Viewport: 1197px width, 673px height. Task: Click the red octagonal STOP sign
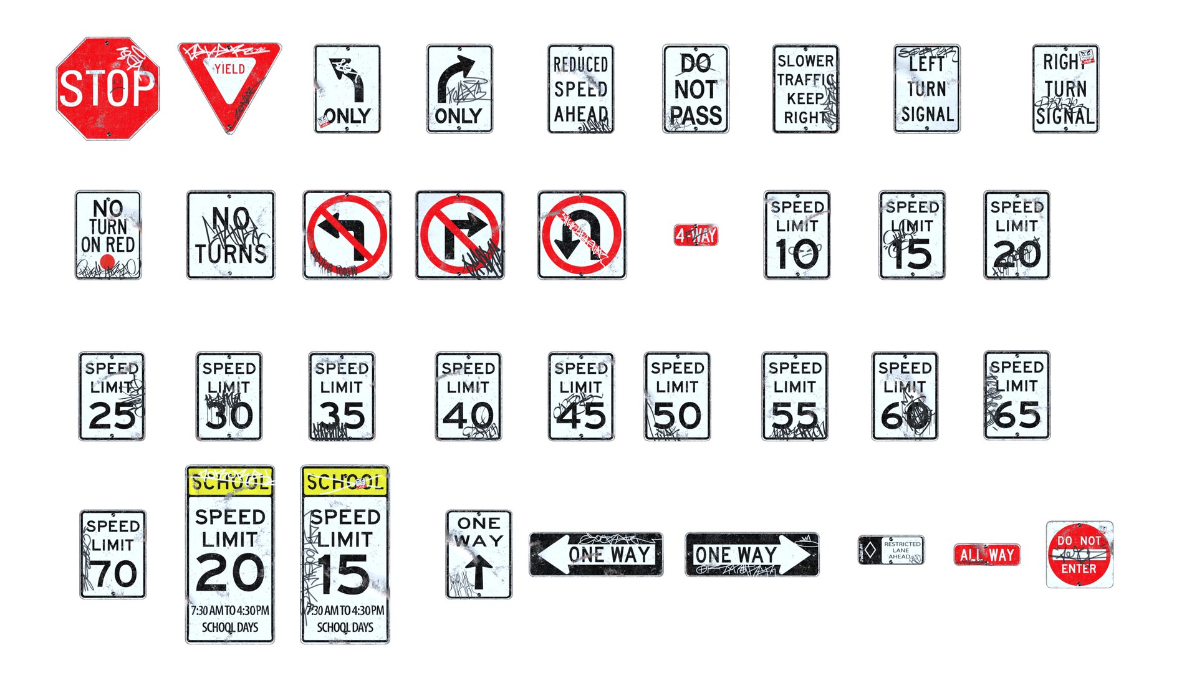(107, 88)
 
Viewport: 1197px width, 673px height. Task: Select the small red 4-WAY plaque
(696, 235)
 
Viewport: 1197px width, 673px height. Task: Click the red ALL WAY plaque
(987, 555)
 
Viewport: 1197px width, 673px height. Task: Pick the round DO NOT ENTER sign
(1079, 555)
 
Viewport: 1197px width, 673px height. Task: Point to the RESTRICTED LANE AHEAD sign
(892, 550)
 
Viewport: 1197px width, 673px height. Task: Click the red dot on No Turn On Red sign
(107, 261)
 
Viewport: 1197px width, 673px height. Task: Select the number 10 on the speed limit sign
(797, 254)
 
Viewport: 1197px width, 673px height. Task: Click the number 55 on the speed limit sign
(795, 416)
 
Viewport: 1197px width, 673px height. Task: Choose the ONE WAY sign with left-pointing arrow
(595, 554)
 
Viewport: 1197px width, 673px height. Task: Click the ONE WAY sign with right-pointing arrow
(752, 554)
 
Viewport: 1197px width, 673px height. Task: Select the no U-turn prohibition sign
(582, 235)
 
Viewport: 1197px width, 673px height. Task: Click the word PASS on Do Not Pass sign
(696, 116)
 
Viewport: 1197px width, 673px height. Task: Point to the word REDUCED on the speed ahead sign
(580, 64)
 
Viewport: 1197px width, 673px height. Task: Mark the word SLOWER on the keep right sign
(805, 61)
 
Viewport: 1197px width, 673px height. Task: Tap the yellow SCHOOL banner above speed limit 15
(345, 482)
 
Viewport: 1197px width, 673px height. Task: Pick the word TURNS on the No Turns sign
(231, 254)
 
